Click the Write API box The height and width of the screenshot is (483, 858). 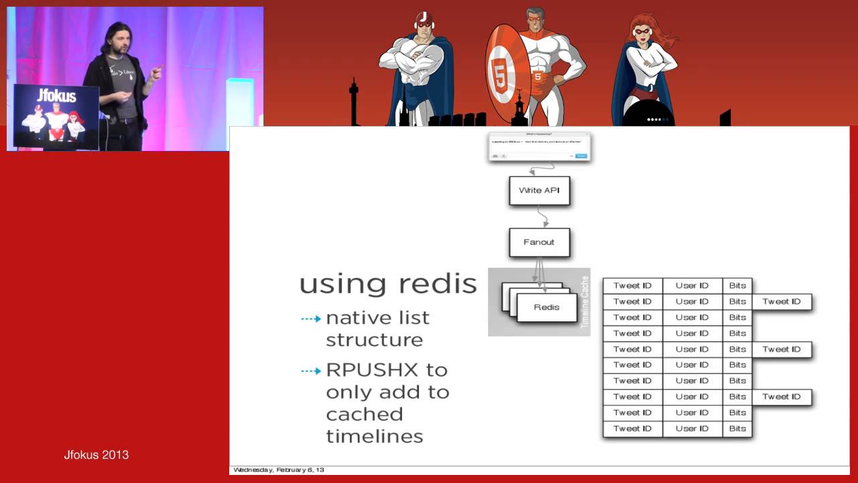coord(539,191)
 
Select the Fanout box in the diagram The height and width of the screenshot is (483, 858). coord(539,242)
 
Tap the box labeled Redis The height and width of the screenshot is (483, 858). coord(546,307)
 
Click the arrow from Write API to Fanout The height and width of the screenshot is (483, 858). coord(543,217)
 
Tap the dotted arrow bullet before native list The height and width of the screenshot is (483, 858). coord(310,319)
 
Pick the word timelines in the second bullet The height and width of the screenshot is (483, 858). coord(374,436)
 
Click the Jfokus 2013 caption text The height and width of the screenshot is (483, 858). coord(96,455)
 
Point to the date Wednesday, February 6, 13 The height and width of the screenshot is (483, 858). coord(278,470)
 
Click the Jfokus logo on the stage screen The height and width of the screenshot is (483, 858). coord(56,95)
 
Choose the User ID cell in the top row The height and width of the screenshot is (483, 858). coord(692,286)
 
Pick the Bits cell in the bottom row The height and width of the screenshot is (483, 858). coord(737,429)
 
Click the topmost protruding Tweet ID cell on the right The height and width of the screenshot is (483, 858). coord(782,302)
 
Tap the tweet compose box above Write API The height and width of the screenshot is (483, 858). coord(540,146)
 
